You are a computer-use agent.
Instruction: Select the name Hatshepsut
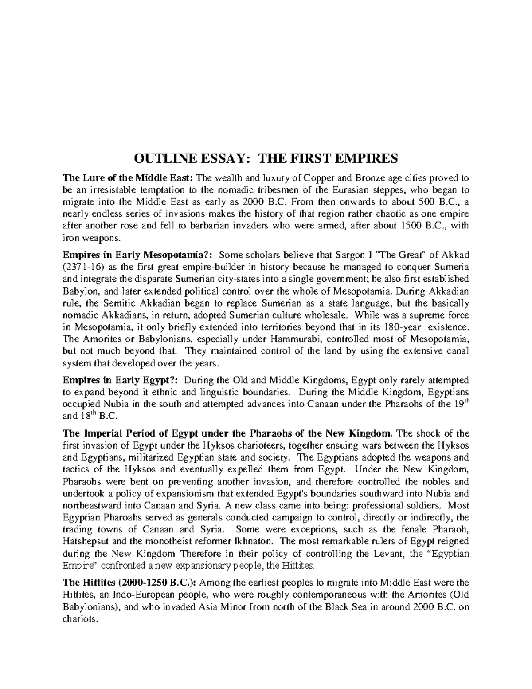(x=89, y=542)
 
